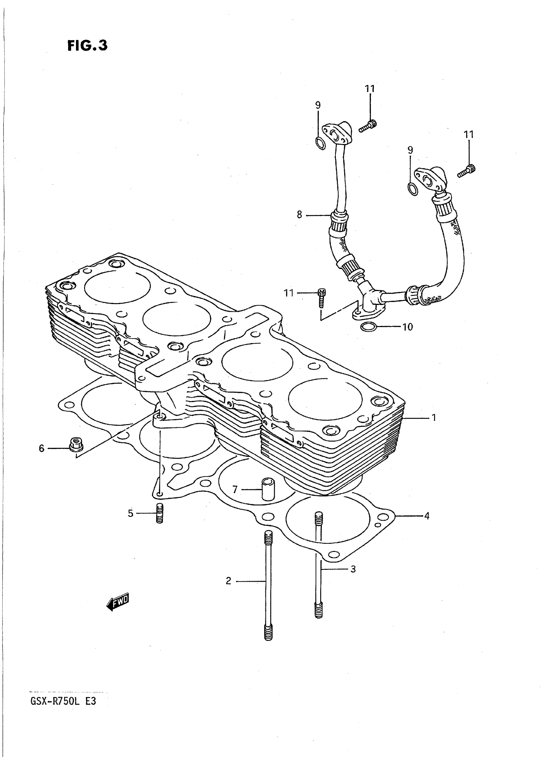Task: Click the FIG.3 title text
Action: pyautogui.click(x=88, y=45)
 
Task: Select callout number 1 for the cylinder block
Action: pyautogui.click(x=434, y=418)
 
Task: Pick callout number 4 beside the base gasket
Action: pyautogui.click(x=427, y=516)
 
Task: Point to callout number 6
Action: pyautogui.click(x=42, y=448)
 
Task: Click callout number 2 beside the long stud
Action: pyautogui.click(x=229, y=581)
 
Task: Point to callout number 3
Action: pyautogui.click(x=353, y=569)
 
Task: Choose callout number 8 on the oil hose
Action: pyautogui.click(x=299, y=215)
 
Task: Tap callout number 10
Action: pyautogui.click(x=408, y=327)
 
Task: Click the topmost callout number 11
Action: pyautogui.click(x=370, y=89)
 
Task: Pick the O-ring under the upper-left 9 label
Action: pyautogui.click(x=320, y=143)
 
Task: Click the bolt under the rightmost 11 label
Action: pyautogui.click(x=467, y=171)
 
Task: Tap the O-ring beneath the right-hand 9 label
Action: pyautogui.click(x=413, y=189)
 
